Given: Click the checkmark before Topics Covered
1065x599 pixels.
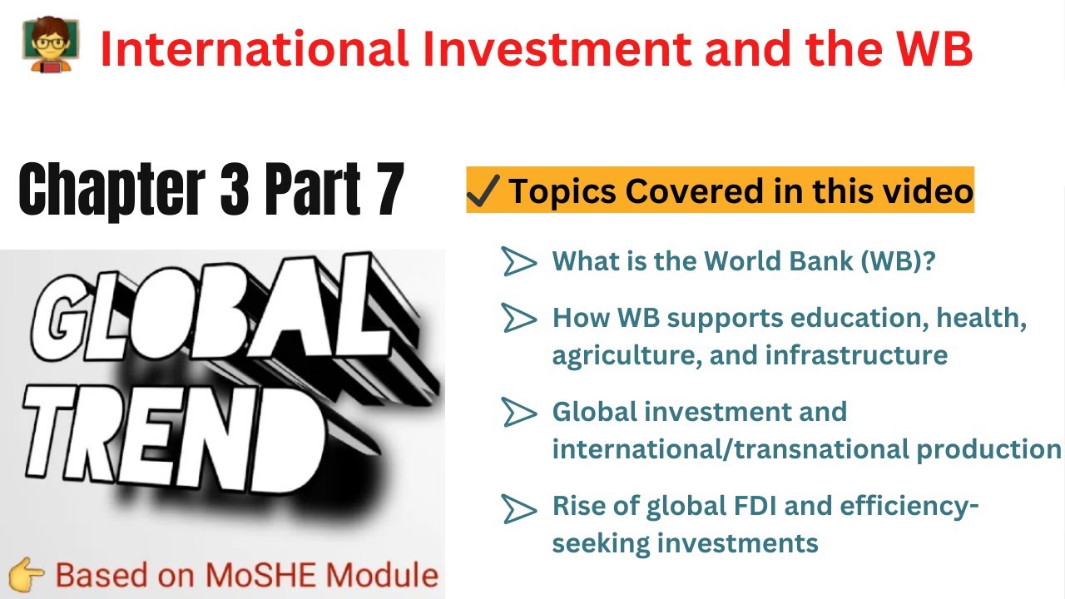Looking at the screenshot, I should [x=483, y=191].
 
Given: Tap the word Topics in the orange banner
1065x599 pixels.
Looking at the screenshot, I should [x=562, y=191].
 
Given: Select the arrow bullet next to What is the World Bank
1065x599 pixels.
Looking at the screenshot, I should [x=519, y=262].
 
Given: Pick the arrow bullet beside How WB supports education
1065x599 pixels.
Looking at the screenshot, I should [x=519, y=317].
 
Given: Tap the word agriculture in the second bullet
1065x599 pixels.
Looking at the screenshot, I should [x=614, y=355].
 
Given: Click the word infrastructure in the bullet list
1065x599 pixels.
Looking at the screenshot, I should [x=856, y=355].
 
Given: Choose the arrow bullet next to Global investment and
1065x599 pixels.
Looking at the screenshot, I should [x=519, y=411].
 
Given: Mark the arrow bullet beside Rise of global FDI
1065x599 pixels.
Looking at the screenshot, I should [x=519, y=507].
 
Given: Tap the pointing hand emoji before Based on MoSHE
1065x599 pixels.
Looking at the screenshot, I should [x=27, y=575].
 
